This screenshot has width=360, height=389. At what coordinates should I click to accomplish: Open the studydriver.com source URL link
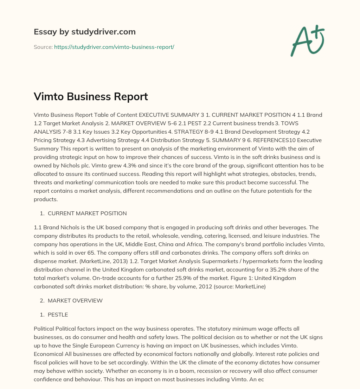(114, 47)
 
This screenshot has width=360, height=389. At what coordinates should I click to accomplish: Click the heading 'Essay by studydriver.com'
(84, 32)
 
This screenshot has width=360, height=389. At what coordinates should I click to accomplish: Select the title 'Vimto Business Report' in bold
(91, 97)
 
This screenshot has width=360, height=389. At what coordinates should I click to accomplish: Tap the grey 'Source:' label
(43, 47)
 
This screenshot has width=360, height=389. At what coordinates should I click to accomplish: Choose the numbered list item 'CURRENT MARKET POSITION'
(87, 213)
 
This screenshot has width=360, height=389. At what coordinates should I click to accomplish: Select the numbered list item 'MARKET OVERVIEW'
(75, 300)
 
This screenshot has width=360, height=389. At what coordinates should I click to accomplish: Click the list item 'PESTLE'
(58, 314)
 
